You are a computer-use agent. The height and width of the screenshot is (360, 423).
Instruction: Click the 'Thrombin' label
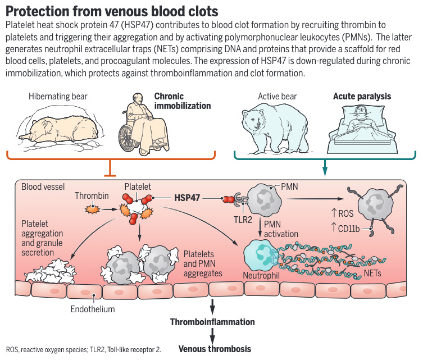coord(90,196)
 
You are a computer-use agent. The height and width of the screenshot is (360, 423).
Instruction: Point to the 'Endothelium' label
coord(93,309)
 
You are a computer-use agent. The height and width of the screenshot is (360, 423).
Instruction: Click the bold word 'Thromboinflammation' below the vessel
coord(212,322)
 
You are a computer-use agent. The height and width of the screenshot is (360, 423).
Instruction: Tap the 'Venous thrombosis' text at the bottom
coord(215,349)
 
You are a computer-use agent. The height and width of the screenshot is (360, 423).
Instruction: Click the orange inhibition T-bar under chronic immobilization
coord(112,168)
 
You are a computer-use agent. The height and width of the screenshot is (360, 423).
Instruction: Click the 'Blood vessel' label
coord(43,186)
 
